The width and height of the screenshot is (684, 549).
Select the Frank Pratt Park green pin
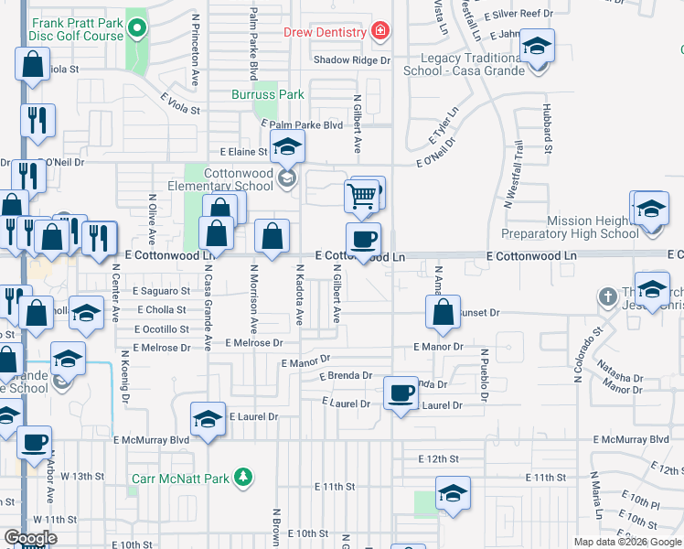click(x=137, y=27)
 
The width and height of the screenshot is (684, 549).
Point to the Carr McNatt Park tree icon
click(x=242, y=476)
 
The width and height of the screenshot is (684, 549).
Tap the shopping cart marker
click(x=362, y=195)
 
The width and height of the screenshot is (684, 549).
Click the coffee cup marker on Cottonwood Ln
click(x=364, y=240)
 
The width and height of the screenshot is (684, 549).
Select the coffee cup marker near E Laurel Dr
click(x=401, y=393)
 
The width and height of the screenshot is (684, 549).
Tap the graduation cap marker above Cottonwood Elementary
click(x=287, y=147)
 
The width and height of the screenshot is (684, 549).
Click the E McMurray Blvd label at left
click(x=152, y=439)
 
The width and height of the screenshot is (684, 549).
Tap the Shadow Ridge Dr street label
click(x=351, y=59)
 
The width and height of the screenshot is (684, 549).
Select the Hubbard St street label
click(x=548, y=134)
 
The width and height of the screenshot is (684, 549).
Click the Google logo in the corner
click(x=31, y=538)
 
